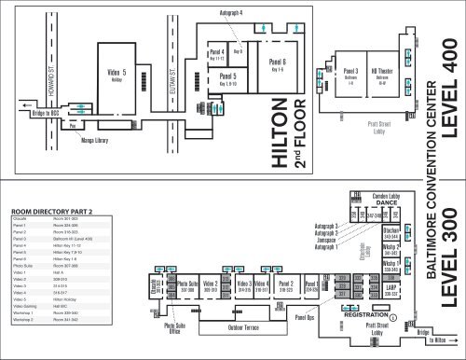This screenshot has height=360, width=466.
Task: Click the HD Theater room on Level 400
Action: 381,74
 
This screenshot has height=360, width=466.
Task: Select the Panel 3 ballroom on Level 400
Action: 350,74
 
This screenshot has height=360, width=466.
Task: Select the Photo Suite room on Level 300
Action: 188,284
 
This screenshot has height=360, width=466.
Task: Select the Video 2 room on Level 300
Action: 211,284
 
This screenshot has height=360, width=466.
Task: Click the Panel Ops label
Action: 303,318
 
